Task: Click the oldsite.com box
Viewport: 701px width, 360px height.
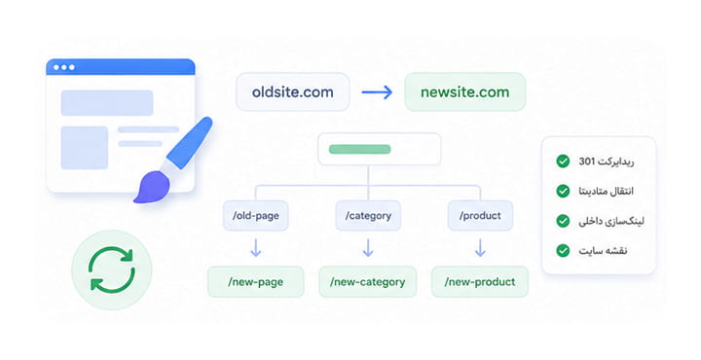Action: tap(292, 92)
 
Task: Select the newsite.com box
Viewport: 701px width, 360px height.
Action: tap(465, 92)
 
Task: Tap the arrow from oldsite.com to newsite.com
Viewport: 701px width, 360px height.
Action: tap(377, 92)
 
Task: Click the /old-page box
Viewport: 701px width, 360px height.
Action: tap(256, 216)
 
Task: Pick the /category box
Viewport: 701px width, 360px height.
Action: tap(368, 216)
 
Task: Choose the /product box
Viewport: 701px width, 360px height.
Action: tap(480, 216)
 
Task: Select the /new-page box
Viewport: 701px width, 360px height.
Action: tap(256, 282)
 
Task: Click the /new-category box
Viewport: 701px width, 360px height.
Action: tap(367, 282)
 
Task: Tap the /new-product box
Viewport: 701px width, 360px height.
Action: tap(480, 282)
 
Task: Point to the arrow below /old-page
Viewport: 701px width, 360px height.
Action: tap(256, 248)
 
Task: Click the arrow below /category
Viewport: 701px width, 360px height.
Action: tap(368, 248)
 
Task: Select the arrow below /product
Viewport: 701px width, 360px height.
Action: tap(480, 248)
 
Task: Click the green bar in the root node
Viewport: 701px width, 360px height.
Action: tap(360, 149)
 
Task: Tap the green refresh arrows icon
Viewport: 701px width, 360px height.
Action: tap(112, 270)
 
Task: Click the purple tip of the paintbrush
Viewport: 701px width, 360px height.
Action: tap(152, 188)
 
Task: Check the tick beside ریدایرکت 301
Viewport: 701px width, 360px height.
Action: tap(563, 162)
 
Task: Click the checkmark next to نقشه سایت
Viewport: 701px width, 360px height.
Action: tap(563, 251)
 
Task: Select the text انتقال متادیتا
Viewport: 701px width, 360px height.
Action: tap(606, 191)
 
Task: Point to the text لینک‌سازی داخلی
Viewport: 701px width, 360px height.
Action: tap(611, 221)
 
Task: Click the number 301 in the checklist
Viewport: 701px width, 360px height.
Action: tap(586, 162)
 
